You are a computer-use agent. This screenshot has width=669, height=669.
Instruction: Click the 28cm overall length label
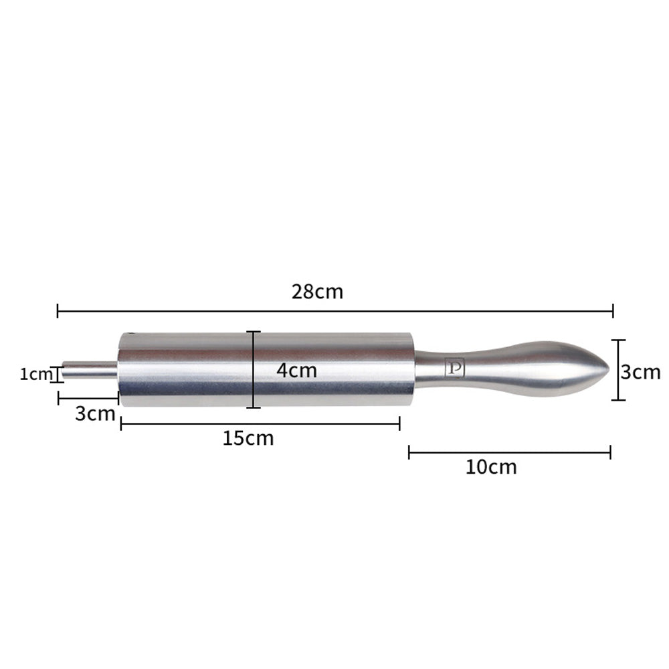coord(317,292)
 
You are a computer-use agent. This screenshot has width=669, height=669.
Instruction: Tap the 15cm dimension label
coord(248,438)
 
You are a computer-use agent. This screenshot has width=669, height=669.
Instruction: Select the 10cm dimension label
coord(490,467)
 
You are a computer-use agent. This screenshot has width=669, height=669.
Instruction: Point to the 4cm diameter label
coord(296,370)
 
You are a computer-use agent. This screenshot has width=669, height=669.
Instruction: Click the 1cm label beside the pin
coord(36,374)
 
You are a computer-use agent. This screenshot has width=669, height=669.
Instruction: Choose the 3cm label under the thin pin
coord(95,413)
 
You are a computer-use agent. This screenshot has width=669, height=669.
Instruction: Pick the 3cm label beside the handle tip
coord(640,372)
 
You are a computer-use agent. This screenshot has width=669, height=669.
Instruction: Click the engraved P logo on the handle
coord(454,368)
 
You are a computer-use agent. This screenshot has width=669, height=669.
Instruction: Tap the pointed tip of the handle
coord(609,368)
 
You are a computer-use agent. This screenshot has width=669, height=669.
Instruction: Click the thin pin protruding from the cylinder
coord(89,371)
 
